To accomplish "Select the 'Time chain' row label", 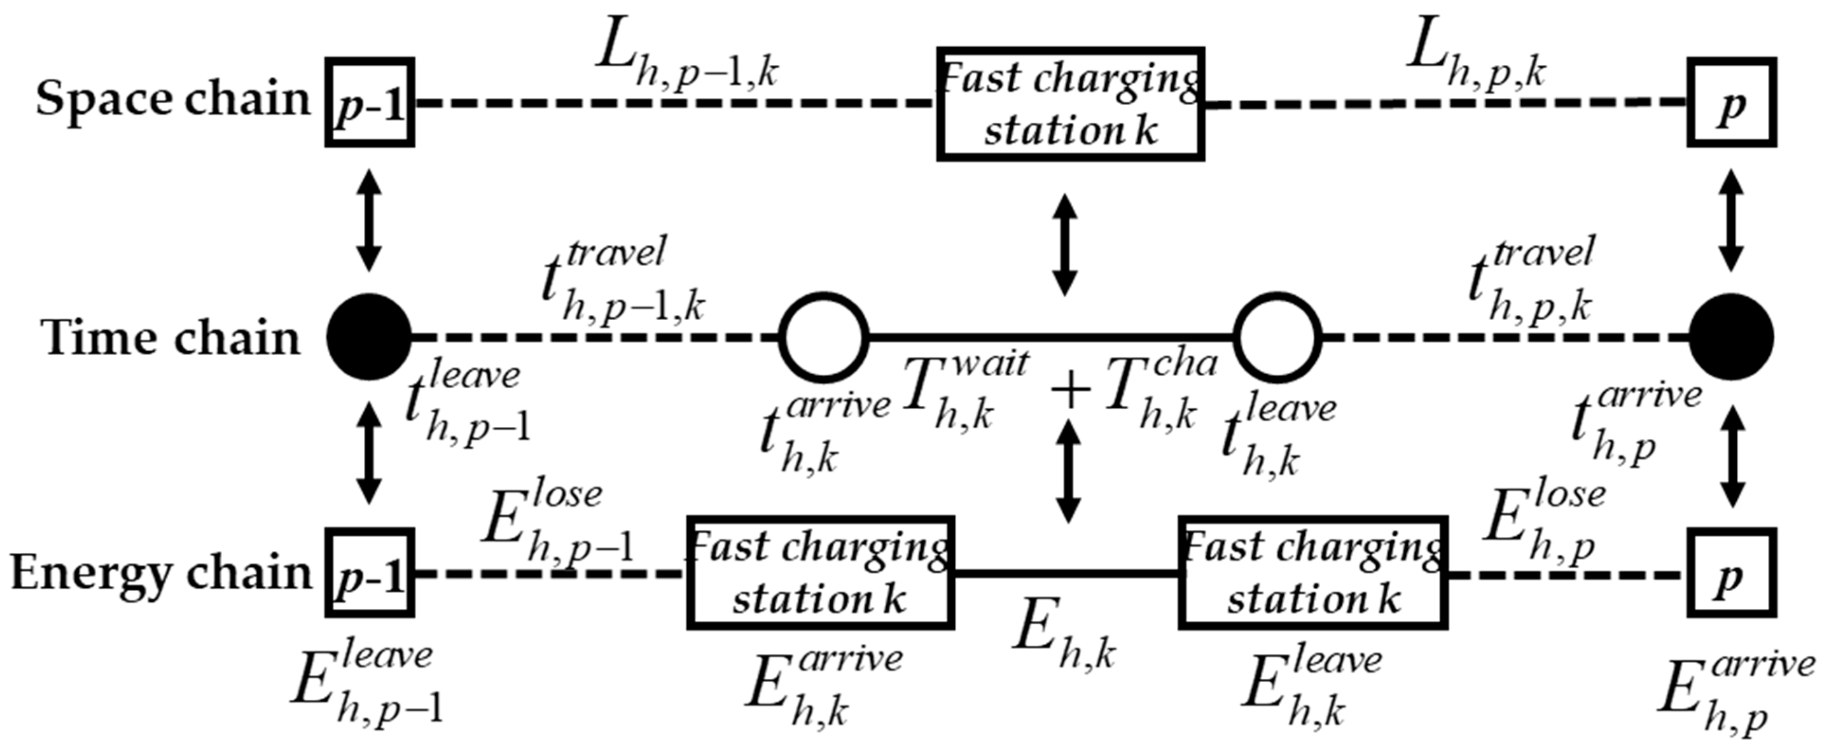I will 170,338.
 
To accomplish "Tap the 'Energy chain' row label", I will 161,573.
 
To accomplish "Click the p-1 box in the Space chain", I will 370,103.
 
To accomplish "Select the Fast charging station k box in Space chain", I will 1071,105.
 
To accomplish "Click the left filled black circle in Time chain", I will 368,337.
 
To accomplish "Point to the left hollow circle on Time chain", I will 824,337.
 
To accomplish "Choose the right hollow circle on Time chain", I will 1277,337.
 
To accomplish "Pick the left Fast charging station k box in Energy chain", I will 820,573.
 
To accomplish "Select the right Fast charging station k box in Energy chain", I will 1312,573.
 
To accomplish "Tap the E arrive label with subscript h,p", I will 1733,694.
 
